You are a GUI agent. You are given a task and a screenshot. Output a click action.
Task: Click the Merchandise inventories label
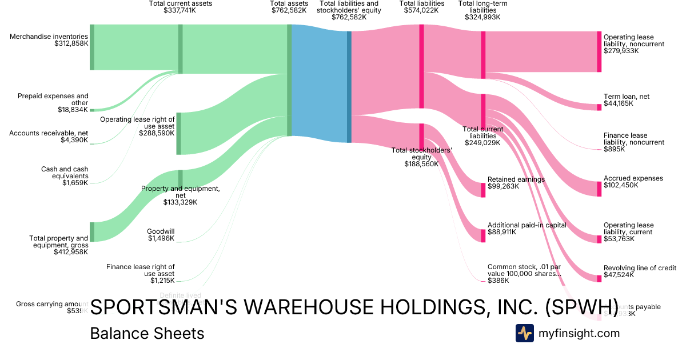(x=49, y=37)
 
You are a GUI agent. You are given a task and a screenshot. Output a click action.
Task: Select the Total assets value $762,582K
(x=289, y=10)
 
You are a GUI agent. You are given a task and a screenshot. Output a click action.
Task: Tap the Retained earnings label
(x=516, y=179)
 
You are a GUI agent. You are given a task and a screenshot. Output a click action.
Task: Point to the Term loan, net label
(x=627, y=97)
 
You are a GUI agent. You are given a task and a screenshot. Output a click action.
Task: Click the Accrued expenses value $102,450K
(x=621, y=185)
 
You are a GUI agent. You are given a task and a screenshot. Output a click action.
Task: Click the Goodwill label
(x=161, y=231)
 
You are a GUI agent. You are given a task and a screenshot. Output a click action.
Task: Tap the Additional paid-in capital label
(x=527, y=225)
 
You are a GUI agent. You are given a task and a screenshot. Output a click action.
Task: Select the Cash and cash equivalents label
(x=65, y=173)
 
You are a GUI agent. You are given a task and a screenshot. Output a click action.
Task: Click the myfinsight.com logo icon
(x=524, y=333)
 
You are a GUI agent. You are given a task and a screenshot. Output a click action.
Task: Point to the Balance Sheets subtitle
(x=147, y=333)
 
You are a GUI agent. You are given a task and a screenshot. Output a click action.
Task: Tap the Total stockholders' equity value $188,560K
(x=421, y=163)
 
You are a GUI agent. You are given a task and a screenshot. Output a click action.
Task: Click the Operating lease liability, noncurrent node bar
(x=599, y=51)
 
